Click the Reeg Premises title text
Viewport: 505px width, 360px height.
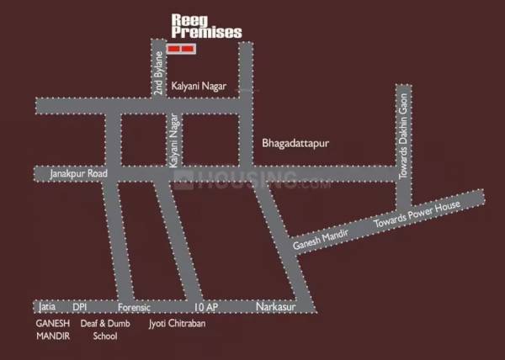point(205,26)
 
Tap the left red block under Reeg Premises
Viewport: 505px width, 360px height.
point(174,50)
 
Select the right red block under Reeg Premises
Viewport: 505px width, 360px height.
point(189,50)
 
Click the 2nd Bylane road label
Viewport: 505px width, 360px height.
point(157,74)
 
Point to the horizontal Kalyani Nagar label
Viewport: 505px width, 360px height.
point(199,87)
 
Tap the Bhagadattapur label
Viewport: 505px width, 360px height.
point(294,144)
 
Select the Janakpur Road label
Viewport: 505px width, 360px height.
point(80,174)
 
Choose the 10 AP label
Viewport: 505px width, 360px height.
point(206,308)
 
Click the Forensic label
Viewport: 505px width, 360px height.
point(134,308)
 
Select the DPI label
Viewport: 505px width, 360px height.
point(80,308)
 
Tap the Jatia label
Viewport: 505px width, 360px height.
point(46,308)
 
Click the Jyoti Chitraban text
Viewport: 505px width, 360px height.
point(178,322)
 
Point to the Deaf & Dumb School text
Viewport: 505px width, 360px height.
point(99,329)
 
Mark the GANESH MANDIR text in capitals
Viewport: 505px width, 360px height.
point(52,329)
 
